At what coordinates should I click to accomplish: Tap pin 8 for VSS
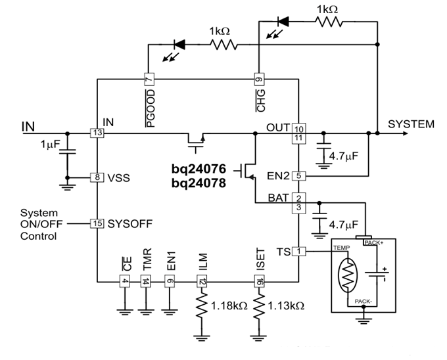97,177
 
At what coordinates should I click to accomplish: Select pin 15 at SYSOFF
97,223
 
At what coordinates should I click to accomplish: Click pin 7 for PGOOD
149,79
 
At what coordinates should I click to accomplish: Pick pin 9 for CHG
259,79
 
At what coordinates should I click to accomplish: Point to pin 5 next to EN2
299,176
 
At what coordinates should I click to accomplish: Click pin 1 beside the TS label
299,252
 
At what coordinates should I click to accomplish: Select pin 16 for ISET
259,282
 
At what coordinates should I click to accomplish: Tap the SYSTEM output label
411,124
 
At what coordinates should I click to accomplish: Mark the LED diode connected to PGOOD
176,45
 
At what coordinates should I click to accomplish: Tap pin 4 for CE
124,282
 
